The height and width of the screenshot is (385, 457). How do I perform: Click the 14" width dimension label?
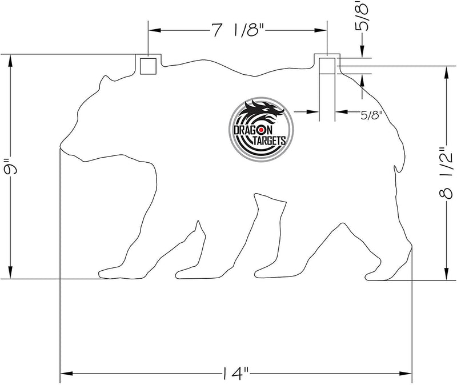point(236,375)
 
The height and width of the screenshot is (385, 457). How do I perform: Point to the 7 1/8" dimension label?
point(236,31)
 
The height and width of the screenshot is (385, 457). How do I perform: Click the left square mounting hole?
point(148,66)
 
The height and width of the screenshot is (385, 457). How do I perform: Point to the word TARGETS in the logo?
point(268,140)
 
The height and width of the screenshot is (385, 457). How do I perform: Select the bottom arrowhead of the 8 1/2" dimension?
point(445,276)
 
